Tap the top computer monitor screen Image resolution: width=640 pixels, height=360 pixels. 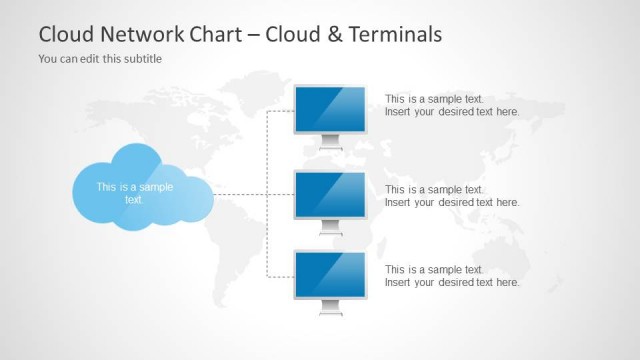click(331, 108)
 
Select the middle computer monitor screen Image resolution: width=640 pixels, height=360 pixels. click(331, 193)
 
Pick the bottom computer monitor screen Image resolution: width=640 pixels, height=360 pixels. click(331, 273)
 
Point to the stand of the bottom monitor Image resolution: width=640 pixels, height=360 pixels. click(331, 309)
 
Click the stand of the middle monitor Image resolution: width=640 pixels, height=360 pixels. click(331, 229)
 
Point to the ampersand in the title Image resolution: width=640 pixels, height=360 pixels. click(330, 34)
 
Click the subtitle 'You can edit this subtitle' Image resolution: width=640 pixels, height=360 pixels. click(100, 58)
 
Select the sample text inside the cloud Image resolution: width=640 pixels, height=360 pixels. click(135, 192)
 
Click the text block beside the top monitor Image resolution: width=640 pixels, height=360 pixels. click(452, 105)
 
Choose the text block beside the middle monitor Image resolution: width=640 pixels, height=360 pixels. click(452, 195)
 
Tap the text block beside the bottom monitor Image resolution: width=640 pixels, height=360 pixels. click(452, 275)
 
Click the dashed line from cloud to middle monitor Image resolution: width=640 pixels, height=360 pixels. click(240, 194)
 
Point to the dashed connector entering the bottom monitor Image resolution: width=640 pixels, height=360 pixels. click(280, 274)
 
